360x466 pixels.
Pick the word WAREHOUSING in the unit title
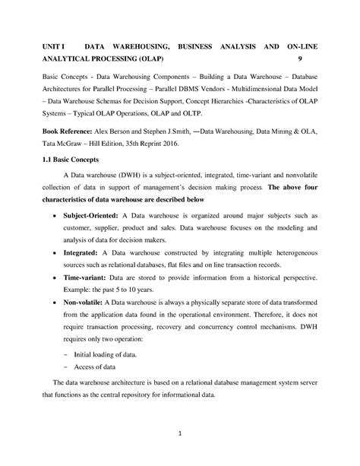pos(129,48)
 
